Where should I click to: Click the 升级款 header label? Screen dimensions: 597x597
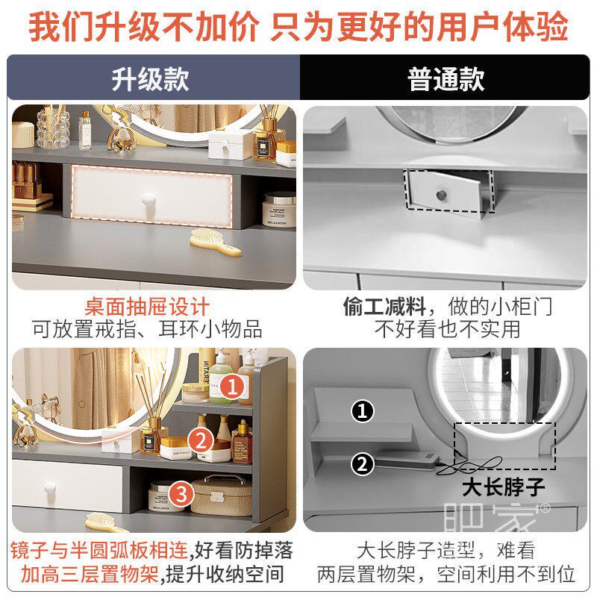pyautogui.click(x=150, y=78)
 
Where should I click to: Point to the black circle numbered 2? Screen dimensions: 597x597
pyautogui.click(x=363, y=464)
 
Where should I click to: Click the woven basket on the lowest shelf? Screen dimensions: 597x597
pyautogui.click(x=222, y=496)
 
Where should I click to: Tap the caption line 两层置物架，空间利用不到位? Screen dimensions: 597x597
pyautogui.click(x=446, y=575)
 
